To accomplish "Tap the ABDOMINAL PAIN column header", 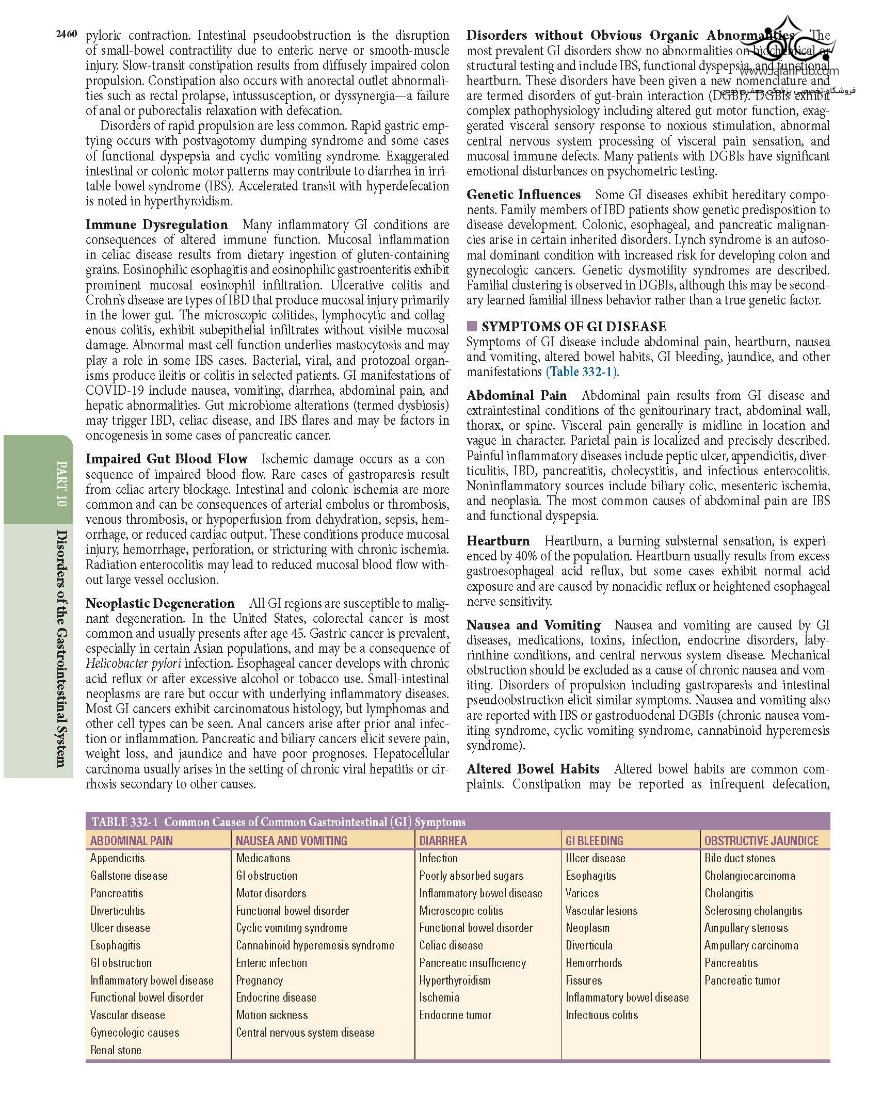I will coord(131,841).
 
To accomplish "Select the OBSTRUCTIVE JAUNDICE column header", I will coord(761,841).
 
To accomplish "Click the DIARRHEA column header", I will coord(443,841).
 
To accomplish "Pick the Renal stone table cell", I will coord(116,1050).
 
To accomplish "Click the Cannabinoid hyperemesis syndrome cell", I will coord(315,945).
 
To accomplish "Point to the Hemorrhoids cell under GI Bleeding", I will coord(594,963).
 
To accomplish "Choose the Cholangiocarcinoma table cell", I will coord(749,876).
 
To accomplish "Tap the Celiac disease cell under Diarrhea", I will coord(451,945).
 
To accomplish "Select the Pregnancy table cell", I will coord(259,980).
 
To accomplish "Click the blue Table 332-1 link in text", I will coord(581,372).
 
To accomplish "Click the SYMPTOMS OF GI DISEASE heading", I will coord(573,326).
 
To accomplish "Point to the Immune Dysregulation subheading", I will coord(156,224).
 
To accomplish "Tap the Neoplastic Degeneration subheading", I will coord(160,603).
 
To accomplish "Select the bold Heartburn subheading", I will coord(498,541).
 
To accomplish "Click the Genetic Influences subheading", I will coord(523,195).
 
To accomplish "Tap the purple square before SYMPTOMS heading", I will coord(471,326).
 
